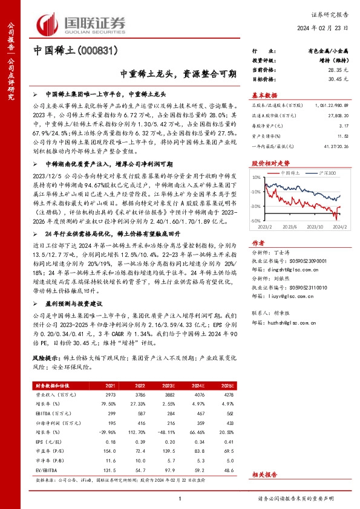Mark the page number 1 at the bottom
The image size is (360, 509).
click(180, 499)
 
